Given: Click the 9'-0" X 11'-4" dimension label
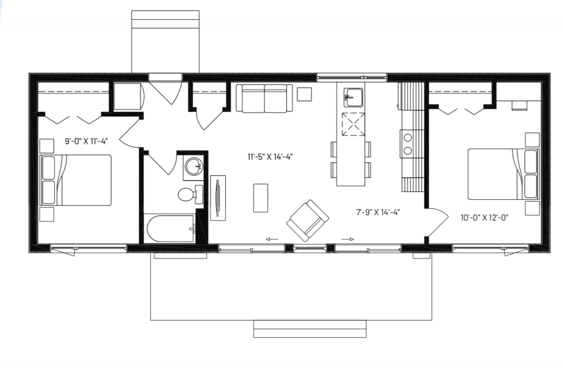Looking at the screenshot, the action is pos(86,141).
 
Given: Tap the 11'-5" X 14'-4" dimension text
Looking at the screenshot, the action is pos(270,156).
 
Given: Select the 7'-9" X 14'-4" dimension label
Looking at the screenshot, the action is pos(378,212).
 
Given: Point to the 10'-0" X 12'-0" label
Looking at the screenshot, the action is pos(484,217).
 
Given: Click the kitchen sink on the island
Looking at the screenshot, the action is pos(354,97).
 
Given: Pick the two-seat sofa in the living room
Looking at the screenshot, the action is pos(264,98).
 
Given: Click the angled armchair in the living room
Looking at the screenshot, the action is pos(307,221).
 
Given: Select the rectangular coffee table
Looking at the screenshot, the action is pos(261,198).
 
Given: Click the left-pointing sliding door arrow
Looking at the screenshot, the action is pos(272,239).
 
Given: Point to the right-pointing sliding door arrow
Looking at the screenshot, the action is pos(347,239).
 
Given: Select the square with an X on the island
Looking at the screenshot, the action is pos(354,125).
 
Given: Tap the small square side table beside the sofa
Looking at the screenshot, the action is pos(304,94).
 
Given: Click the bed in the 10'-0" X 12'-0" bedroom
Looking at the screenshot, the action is pos(504,174).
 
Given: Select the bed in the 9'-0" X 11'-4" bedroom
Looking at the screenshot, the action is pos(75,180).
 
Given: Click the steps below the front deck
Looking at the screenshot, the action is pos(310,329).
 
